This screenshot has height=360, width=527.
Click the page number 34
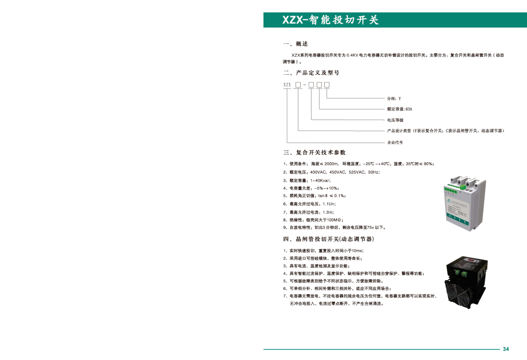506,349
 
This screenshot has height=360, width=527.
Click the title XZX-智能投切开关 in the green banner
330,20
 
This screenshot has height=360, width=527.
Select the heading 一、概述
295,44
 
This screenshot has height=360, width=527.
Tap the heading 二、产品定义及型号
311,73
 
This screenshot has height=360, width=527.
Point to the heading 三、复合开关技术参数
314,152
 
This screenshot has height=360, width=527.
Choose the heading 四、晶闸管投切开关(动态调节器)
328,239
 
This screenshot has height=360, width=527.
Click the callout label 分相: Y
394,99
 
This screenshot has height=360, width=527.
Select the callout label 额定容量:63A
399,109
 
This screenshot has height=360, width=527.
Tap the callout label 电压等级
395,120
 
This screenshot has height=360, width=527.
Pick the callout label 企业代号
395,142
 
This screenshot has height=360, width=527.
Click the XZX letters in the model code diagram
287,85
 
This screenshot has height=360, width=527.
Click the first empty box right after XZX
298,85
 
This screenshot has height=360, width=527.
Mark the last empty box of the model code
327,85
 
